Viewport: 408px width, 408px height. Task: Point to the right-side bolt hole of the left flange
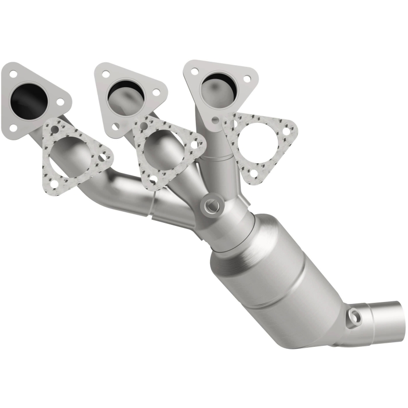click(61, 102)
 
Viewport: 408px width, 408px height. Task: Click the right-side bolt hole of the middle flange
click(156, 93)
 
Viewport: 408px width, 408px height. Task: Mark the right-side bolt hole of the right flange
click(246, 79)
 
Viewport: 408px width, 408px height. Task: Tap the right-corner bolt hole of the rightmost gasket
click(289, 131)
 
